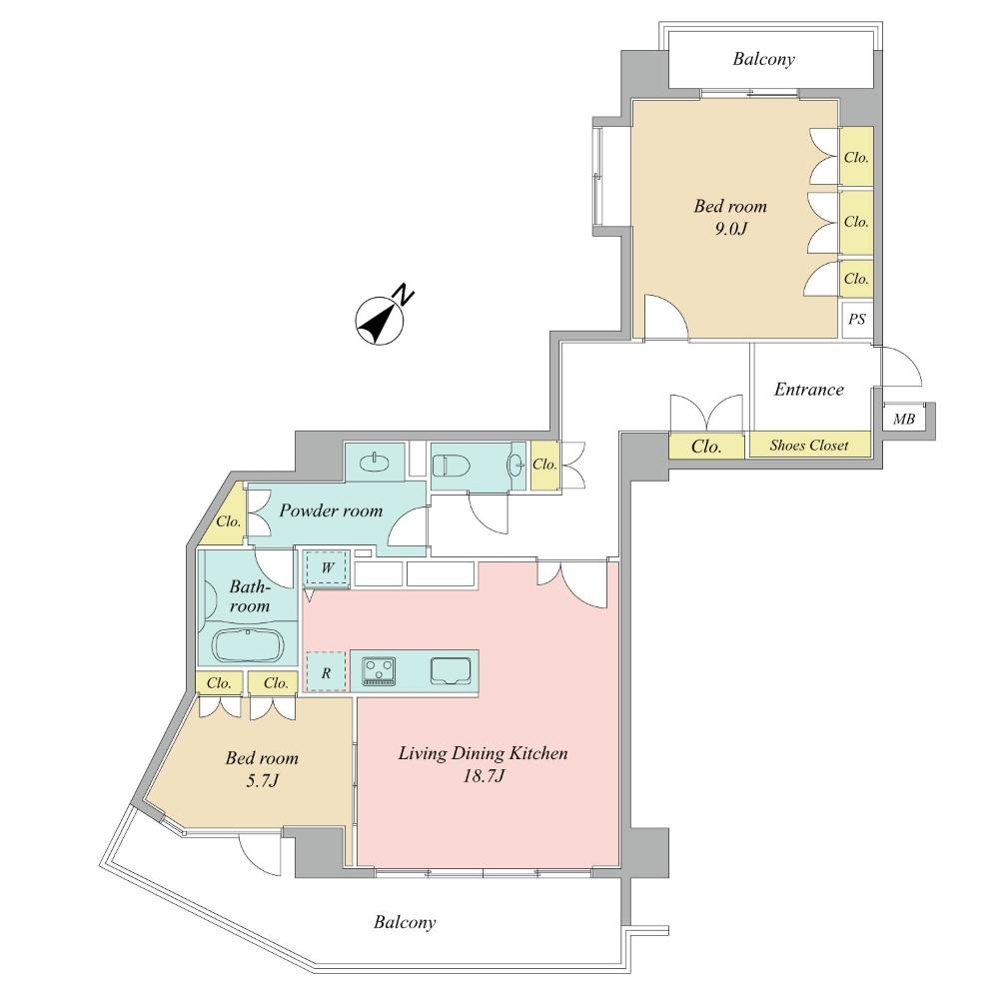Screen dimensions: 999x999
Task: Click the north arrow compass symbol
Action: click(x=380, y=320)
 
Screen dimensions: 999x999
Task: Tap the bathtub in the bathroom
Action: click(x=250, y=645)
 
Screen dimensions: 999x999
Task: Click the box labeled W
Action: click(x=327, y=570)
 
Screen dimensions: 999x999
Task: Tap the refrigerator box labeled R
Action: click(x=326, y=673)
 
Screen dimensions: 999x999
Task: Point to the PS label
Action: click(x=856, y=321)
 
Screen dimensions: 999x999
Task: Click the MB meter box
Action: click(x=903, y=420)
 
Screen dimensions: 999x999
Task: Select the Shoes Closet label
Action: click(x=809, y=446)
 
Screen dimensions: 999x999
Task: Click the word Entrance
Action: click(x=809, y=390)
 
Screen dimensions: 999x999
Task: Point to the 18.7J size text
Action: click(x=483, y=776)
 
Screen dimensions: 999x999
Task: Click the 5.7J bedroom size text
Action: click(x=261, y=780)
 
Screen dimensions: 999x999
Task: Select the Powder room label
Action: click(x=331, y=510)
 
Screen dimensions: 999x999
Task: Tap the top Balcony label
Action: click(x=763, y=59)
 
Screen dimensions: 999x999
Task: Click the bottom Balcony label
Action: click(x=405, y=922)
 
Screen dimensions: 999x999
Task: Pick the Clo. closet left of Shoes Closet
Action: click(x=707, y=447)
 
